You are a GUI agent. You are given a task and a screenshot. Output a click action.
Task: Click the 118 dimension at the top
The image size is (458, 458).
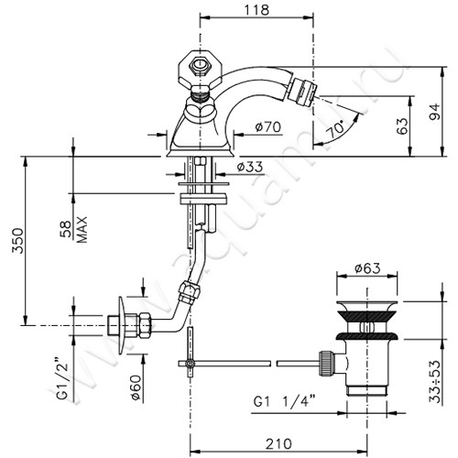coord(256,9)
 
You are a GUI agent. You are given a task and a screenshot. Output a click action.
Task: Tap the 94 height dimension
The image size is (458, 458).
coord(435,112)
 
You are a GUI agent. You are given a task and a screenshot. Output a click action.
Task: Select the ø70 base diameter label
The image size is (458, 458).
coord(268,126)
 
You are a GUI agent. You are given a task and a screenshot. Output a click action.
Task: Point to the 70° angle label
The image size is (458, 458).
coord(335,129)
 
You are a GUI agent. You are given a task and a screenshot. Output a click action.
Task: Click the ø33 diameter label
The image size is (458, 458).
coord(250,167)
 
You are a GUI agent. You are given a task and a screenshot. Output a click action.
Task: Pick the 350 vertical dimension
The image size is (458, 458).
coord(17,240)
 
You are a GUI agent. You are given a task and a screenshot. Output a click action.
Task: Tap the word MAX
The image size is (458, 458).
coord(82,230)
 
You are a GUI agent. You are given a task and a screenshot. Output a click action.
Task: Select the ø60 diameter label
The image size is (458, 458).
coord(136,387)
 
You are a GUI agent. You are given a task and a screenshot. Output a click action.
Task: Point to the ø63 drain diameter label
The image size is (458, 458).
coord(367,268)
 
